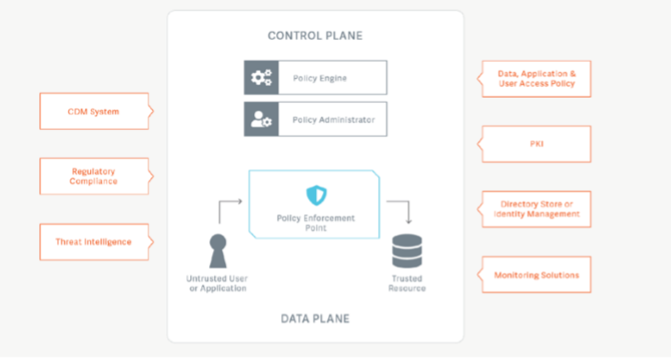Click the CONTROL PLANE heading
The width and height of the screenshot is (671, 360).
[314, 36]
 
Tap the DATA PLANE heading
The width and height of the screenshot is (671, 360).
[314, 318]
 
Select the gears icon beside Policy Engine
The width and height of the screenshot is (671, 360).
[261, 78]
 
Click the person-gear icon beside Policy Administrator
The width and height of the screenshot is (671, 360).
[261, 120]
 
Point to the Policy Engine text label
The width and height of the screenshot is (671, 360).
[319, 78]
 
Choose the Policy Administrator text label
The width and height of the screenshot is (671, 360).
[333, 120]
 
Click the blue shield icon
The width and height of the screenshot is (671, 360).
[315, 195]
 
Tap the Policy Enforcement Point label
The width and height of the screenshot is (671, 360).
[315, 223]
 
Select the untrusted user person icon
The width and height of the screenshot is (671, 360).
[217, 251]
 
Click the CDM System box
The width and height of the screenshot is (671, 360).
[93, 111]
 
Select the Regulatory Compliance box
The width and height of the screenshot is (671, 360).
[93, 176]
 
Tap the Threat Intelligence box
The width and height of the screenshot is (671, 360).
[93, 241]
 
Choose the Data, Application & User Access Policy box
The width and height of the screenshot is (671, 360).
[536, 79]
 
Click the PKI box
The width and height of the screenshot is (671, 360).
[536, 144]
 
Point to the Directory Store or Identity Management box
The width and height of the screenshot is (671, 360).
[536, 209]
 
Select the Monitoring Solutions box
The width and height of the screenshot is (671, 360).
[536, 275]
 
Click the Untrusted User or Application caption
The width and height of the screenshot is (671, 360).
[217, 284]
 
